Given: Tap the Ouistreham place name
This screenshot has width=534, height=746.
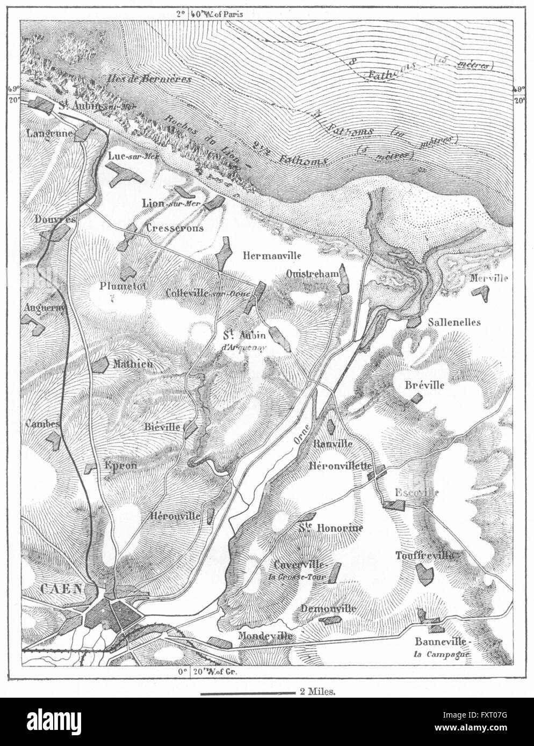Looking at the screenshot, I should click(x=312, y=273).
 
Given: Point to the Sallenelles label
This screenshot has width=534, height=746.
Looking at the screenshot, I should click(x=454, y=322).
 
